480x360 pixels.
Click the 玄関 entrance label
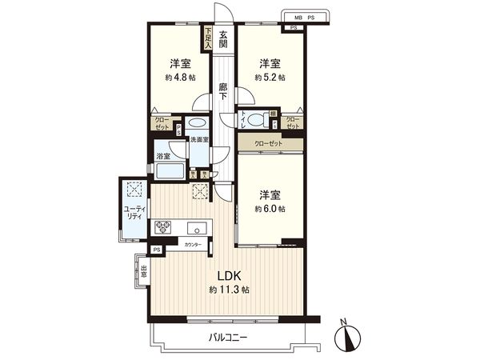pyautogui.click(x=223, y=39)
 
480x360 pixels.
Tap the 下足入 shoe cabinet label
pyautogui.click(x=208, y=38)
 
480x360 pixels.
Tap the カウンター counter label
pyautogui.click(x=193, y=244)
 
